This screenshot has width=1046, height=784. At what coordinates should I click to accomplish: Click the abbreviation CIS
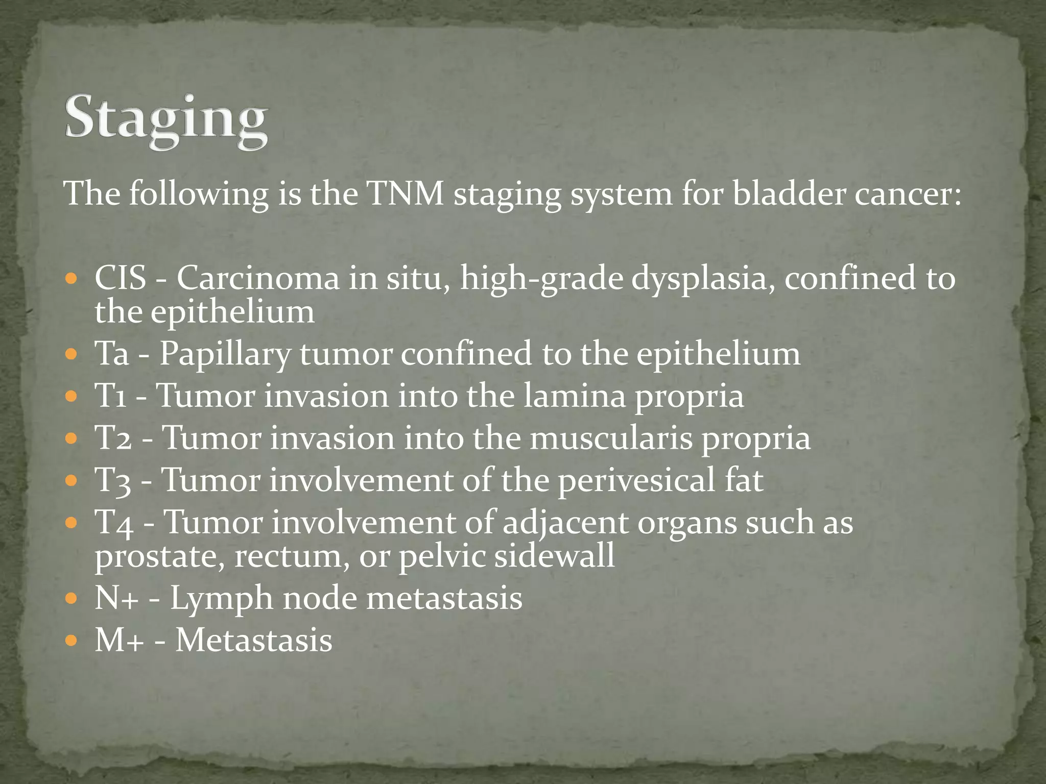point(121,279)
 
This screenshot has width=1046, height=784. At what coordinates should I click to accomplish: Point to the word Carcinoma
point(258,279)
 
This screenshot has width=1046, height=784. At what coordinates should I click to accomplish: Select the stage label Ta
point(112,353)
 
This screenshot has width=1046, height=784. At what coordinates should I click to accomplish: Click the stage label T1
point(111,396)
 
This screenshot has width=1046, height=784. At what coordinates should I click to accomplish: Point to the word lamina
point(575,396)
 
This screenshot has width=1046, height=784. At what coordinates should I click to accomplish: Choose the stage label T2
point(113,438)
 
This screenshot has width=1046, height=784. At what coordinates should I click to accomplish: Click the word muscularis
point(611,438)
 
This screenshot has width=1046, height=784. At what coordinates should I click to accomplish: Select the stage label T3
point(113,481)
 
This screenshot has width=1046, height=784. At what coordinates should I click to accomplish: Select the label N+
point(117,598)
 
